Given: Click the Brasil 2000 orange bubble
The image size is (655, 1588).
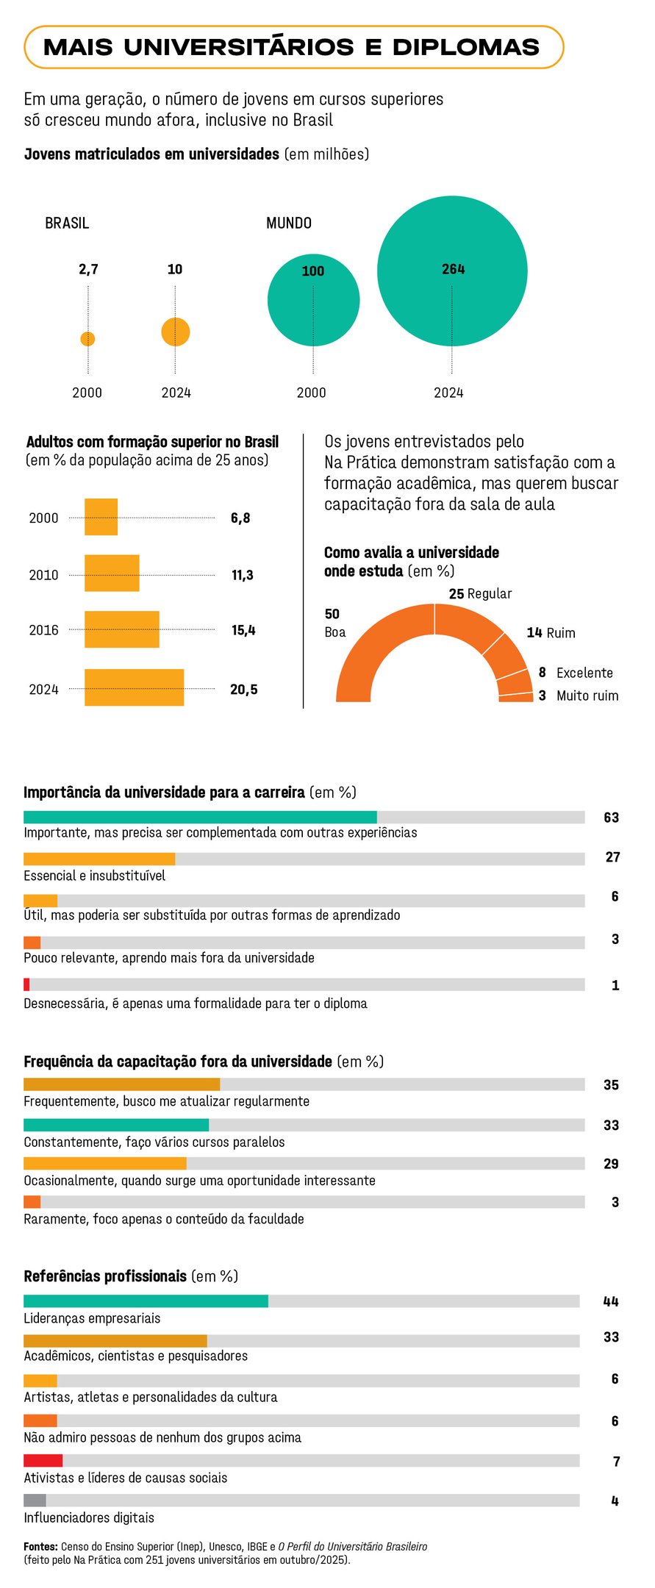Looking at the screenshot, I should click(x=87, y=339).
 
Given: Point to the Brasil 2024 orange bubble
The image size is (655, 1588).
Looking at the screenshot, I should click(x=176, y=332).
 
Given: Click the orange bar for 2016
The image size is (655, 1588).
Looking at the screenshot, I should click(x=121, y=629).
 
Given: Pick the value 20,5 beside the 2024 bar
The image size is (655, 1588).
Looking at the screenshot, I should click(x=243, y=690).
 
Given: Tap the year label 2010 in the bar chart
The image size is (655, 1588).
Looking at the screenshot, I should click(x=43, y=575).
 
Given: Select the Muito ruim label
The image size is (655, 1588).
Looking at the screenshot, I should click(x=587, y=695).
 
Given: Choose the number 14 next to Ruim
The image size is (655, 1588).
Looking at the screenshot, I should click(x=534, y=633).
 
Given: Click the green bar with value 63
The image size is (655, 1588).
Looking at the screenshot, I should click(x=200, y=817).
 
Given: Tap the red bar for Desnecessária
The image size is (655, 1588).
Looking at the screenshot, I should click(x=26, y=984).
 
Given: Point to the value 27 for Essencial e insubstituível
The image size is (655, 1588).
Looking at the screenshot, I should click(x=612, y=857).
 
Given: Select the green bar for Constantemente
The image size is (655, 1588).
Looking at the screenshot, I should click(x=116, y=1125).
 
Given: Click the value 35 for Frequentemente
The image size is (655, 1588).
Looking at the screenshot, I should click(x=611, y=1085).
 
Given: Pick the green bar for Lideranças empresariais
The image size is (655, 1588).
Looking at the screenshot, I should click(x=146, y=1301).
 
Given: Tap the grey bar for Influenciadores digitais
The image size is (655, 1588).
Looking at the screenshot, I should click(x=35, y=1501).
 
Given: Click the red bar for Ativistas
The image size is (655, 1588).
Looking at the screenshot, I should click(x=43, y=1461).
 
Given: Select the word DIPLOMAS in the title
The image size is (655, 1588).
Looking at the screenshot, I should click(x=466, y=48).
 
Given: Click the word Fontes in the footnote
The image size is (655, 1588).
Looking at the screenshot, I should click(x=40, y=1547).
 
